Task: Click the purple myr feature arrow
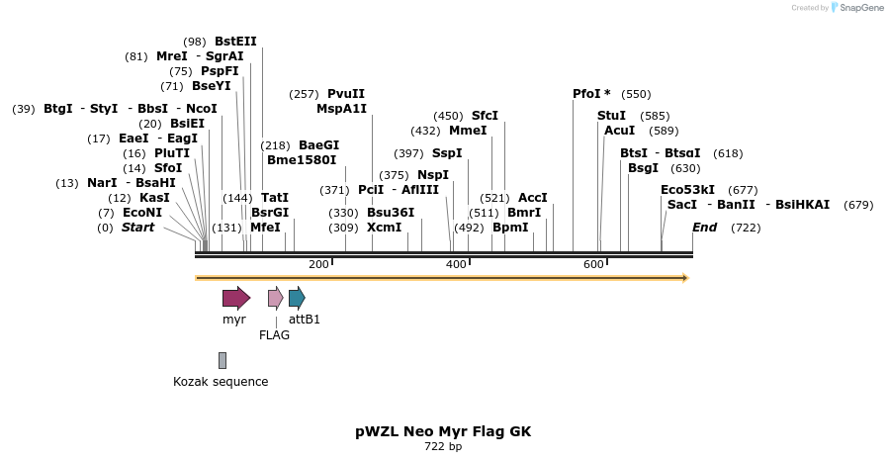pos(235,298)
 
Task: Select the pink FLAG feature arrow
pos(275,298)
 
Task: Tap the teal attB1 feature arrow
pos(297,298)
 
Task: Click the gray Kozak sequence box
pos(222,360)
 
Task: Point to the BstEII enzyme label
pos(235,42)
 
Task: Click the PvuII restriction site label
pos(346,94)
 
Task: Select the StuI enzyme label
pos(611,116)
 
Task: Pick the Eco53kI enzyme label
pos(687,190)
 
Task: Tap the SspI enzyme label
pos(447,153)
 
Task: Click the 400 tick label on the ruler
pos(456,264)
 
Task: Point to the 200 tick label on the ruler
pos(318,264)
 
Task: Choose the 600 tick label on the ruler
pos(593,264)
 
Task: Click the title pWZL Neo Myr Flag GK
pos(443,432)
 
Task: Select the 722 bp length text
pos(443,447)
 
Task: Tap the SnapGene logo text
pos(856,7)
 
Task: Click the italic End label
pos(704,228)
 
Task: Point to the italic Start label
pos(137,228)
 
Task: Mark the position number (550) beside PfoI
pos(636,94)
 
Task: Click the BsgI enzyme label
pos(643,168)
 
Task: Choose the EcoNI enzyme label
pos(142,213)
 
